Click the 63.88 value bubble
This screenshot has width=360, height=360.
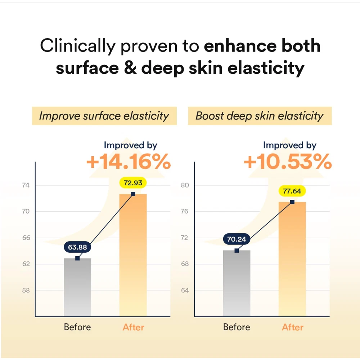(77, 247)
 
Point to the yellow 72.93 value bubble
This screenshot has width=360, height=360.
(133, 183)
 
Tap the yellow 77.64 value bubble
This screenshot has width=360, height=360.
(292, 191)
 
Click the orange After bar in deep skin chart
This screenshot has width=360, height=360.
(292, 259)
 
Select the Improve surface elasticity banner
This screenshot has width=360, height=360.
(104, 116)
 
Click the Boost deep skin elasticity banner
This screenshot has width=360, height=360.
(260, 116)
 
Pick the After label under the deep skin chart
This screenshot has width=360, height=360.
(293, 327)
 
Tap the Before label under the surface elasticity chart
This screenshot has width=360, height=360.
(77, 327)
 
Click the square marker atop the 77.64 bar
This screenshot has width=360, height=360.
(292, 202)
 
